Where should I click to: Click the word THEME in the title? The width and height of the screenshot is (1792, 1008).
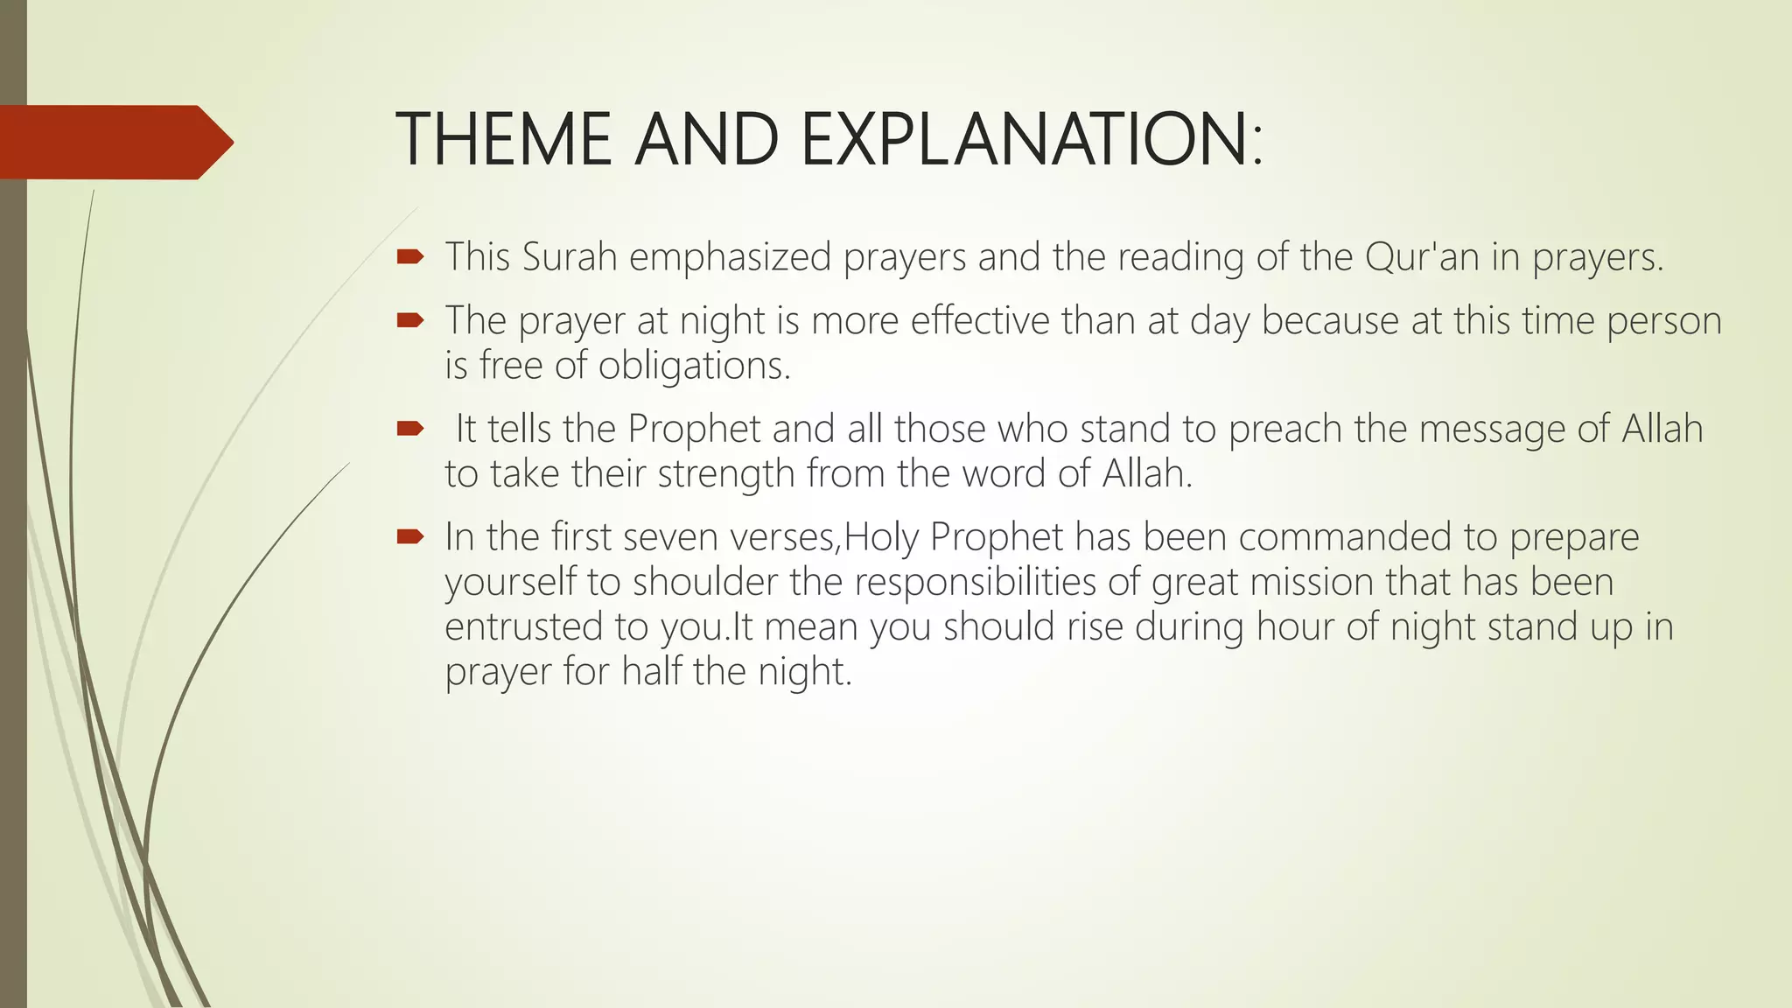(x=503, y=140)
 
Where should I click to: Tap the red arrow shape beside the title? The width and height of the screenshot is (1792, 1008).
(x=114, y=142)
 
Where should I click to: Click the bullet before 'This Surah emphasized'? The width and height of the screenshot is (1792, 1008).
(x=409, y=256)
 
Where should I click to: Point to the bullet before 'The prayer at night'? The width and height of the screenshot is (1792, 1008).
(x=409, y=320)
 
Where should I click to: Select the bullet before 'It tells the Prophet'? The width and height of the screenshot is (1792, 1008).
(x=409, y=429)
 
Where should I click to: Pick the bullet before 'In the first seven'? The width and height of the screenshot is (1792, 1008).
(x=409, y=536)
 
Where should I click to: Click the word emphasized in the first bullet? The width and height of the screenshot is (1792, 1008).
(x=731, y=256)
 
